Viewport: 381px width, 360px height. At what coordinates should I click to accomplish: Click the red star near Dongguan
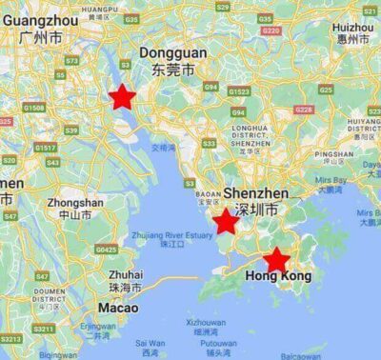pos(122,96)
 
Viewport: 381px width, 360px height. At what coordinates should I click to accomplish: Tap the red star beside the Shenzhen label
pos(225,223)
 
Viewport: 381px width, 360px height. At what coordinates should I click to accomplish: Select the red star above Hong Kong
pos(276,260)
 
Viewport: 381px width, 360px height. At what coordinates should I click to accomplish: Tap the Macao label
pos(117,308)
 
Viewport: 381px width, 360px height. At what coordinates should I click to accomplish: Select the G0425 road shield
pos(106,250)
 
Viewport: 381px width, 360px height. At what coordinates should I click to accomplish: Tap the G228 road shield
pos(303,110)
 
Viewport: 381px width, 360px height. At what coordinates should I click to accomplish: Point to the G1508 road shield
pos(34,109)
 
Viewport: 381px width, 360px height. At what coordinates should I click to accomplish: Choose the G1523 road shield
pos(238,91)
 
